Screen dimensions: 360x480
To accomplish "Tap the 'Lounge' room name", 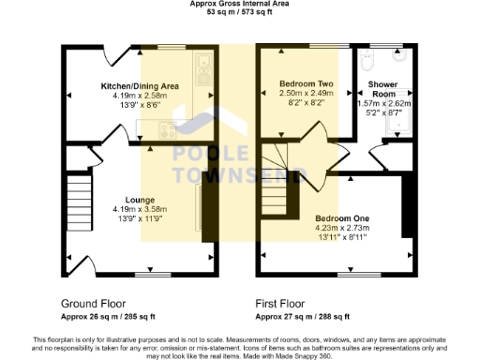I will tap(141, 198).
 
